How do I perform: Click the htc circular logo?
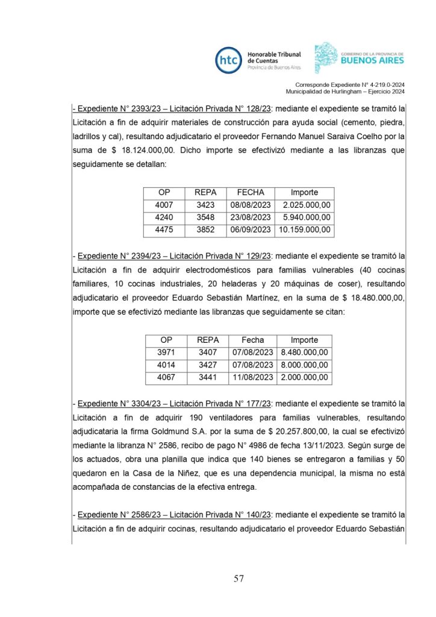pyautogui.click(x=229, y=60)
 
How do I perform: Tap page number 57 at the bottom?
pyautogui.click(x=238, y=579)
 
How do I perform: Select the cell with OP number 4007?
pyautogui.click(x=164, y=205)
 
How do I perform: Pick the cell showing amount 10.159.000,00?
pyautogui.click(x=305, y=230)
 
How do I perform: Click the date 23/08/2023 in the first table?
pyautogui.click(x=251, y=218)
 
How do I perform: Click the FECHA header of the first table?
pyautogui.click(x=251, y=192)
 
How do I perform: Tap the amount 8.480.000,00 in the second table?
pyautogui.click(x=305, y=352)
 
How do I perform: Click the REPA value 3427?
pyautogui.click(x=208, y=365)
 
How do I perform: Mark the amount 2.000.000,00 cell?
pyautogui.click(x=305, y=378)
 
